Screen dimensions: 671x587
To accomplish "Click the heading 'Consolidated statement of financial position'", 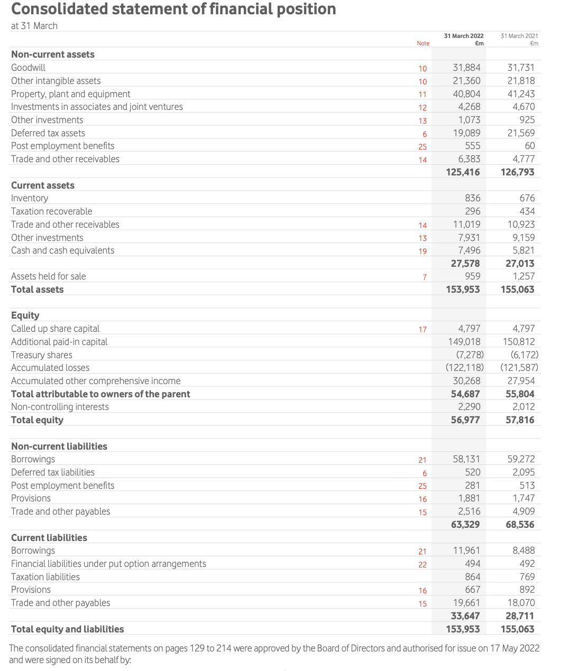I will coord(173,9).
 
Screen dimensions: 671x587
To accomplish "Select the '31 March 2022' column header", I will coord(463,36).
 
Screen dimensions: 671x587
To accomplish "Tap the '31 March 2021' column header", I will coord(519,36).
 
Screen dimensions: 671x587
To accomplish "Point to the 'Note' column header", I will coord(423,43).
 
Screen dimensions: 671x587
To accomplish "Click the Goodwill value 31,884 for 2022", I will coord(466,68).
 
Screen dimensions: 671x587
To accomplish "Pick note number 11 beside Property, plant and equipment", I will coord(422,95).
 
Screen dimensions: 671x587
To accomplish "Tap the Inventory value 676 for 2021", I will coord(527,198).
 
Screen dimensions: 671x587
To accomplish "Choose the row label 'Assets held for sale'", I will coord(48,276).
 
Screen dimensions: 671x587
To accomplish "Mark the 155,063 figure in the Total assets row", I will coord(517,290).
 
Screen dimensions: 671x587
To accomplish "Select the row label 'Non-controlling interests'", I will coord(60,407).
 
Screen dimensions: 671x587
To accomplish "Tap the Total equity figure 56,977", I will coord(465,420).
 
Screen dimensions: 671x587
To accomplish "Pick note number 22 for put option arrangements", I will coord(422,565).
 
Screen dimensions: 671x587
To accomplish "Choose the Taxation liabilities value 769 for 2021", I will coord(527,577).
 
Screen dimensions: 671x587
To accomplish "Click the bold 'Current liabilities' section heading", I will coord(49,538).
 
